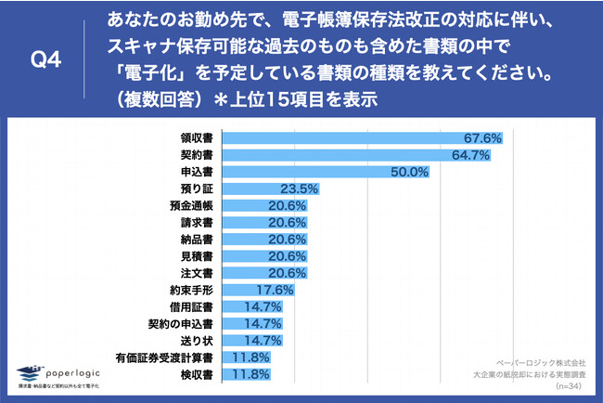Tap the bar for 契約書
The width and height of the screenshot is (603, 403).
pos(357,155)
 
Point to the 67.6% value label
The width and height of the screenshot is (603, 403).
pos(482,138)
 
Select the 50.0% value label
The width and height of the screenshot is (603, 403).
pos(410,172)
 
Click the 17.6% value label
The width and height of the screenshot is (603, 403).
pos(277,290)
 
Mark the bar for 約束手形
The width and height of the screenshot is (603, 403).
pos(241,290)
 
